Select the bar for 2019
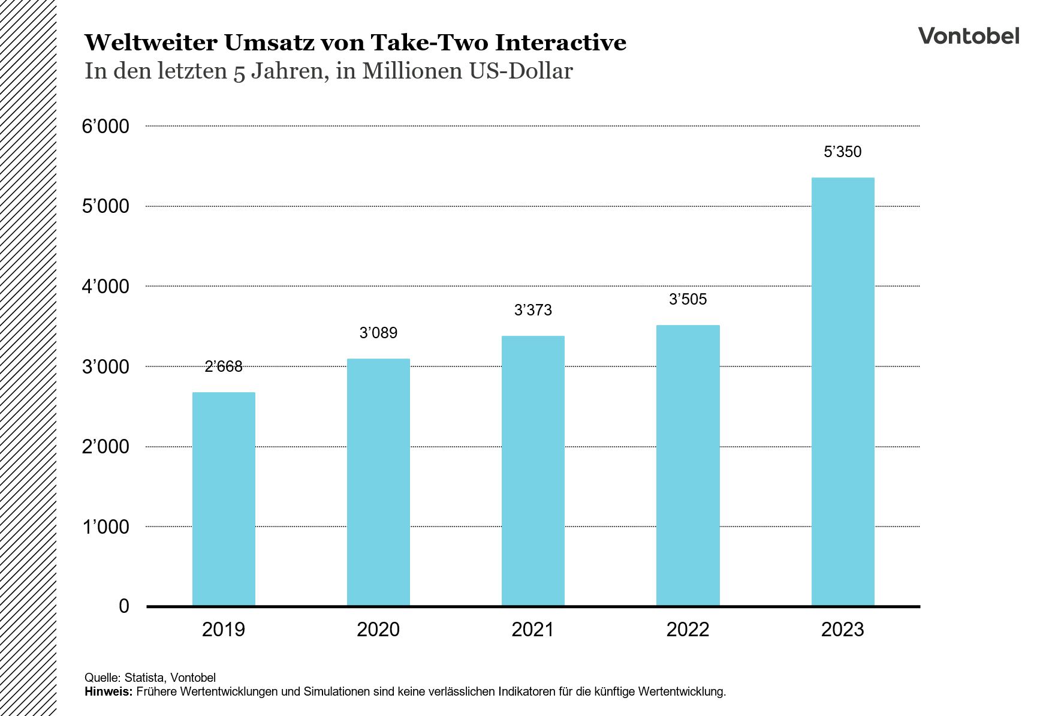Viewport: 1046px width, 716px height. point(224,499)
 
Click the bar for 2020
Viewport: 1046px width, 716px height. point(378,482)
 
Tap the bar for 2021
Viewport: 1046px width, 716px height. point(533,471)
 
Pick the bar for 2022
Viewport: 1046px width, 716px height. point(688,465)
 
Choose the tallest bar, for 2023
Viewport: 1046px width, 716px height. point(842,392)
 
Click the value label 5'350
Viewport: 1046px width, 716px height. point(842,152)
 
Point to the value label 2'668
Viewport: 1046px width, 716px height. point(224,366)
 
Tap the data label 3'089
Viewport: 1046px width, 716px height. point(378,333)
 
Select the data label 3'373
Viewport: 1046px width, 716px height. point(533,310)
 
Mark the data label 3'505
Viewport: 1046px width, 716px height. point(688,299)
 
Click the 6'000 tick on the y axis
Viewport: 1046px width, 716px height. point(105,127)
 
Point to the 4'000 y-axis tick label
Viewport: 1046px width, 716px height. point(105,287)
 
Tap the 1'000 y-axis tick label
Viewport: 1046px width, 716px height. point(105,527)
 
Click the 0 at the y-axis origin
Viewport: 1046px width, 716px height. point(124,606)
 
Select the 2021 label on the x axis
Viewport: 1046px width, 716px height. point(533,630)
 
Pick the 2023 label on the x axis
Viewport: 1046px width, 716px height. point(842,630)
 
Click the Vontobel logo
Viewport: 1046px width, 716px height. point(968,36)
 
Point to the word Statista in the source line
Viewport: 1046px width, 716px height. point(144,678)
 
